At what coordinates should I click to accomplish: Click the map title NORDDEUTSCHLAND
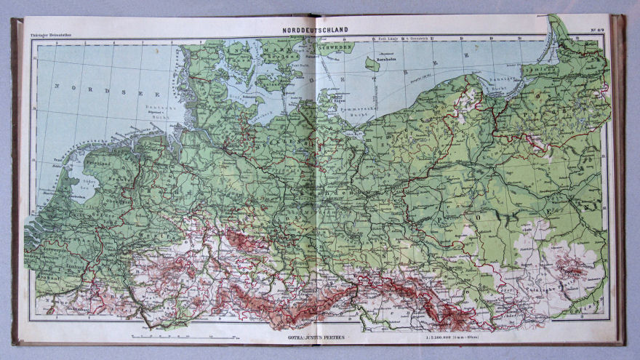click(x=315, y=30)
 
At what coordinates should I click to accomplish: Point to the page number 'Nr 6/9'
click(x=598, y=31)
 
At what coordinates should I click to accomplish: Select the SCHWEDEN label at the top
click(x=335, y=45)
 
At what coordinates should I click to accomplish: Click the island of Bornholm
click(x=372, y=64)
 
